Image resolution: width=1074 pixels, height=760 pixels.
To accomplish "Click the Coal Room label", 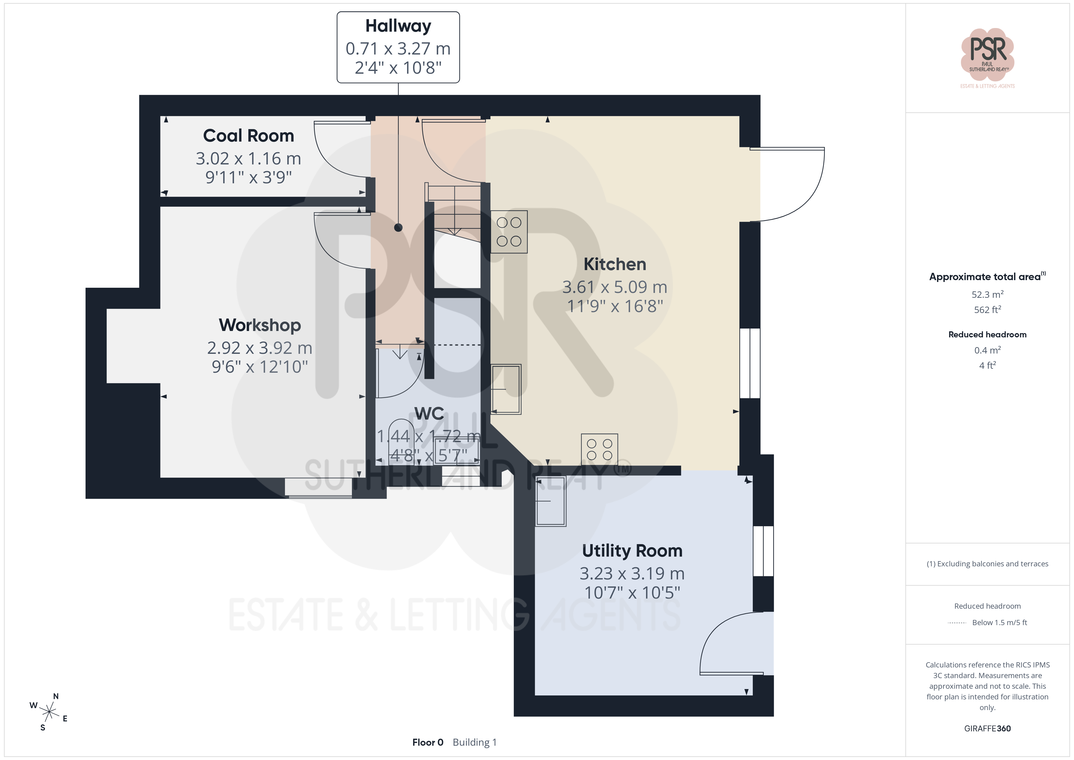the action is [248, 136].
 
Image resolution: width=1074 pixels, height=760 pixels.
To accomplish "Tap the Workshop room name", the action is [260, 325].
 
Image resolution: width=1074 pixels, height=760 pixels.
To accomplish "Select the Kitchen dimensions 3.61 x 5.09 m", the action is [615, 287].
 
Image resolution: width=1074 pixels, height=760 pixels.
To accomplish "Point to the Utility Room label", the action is [632, 551].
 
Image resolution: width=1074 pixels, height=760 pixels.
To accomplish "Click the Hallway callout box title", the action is [398, 26].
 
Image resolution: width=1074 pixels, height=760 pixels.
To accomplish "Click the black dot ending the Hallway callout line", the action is [398, 227].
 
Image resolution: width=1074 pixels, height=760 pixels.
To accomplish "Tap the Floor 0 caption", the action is [427, 742].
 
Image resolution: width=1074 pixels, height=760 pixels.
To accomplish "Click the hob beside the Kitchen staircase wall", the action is [509, 232].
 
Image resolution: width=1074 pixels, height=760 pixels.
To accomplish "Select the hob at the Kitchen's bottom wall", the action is [599, 449].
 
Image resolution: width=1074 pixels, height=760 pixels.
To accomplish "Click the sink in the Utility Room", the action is [551, 501].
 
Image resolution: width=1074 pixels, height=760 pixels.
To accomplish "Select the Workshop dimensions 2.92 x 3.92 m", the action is [260, 348].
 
